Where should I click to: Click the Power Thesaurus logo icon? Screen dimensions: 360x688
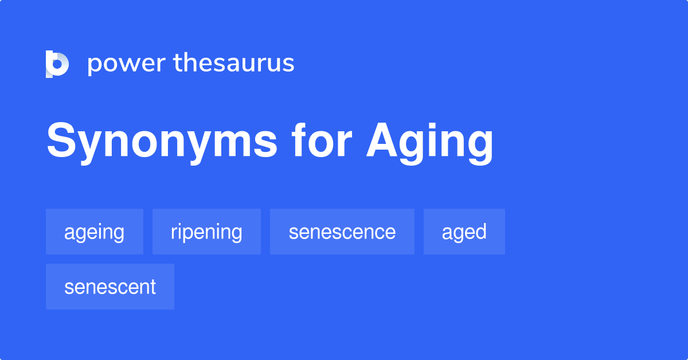[57, 64]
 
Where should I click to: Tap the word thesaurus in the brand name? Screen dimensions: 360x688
[234, 64]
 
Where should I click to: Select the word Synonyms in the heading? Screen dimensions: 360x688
[162, 142]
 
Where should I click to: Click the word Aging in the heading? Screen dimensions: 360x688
[430, 142]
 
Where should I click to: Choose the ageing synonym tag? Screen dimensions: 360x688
[94, 232]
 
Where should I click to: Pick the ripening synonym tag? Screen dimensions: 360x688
[206, 232]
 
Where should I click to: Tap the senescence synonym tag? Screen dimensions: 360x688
[342, 232]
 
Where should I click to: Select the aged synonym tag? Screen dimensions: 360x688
[464, 232]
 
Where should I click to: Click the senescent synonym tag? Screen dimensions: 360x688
[110, 287]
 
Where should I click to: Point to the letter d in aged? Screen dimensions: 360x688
[480, 231]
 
